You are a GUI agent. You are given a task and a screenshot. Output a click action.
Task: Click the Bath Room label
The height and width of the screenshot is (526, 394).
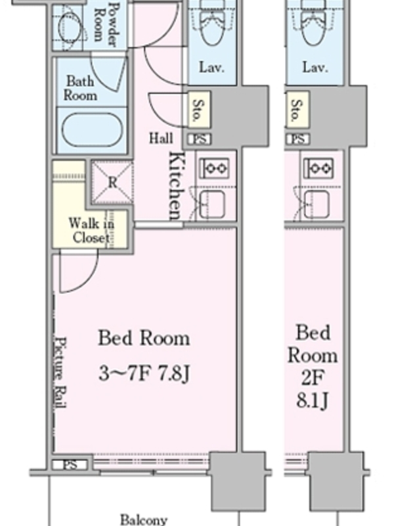tap(80, 88)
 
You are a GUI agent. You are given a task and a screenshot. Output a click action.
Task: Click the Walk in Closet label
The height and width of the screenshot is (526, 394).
tap(91, 231)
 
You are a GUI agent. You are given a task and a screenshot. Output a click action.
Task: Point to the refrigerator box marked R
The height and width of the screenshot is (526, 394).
tap(112, 183)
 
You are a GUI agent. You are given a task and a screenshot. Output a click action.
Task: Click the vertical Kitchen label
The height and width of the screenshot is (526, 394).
tap(177, 185)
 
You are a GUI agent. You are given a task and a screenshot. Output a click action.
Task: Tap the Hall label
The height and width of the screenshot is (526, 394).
tap(161, 138)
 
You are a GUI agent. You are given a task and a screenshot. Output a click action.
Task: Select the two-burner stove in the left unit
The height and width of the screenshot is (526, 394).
tap(215, 168)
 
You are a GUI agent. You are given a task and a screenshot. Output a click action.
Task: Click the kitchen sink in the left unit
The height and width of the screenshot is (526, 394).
tap(212, 204)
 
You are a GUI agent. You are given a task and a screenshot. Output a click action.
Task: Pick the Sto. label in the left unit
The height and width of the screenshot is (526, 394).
tap(199, 110)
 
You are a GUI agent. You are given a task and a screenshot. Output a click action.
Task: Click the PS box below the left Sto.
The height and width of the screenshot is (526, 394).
tap(200, 139)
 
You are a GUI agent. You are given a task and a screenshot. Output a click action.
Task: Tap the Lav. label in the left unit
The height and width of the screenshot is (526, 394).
tap(211, 68)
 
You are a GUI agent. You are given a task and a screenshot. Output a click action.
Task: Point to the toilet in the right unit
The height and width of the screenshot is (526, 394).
tap(315, 24)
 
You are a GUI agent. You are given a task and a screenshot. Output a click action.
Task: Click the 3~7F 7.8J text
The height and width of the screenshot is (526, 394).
tap(144, 373)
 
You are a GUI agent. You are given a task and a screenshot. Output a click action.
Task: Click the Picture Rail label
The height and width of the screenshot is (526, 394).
tap(60, 372)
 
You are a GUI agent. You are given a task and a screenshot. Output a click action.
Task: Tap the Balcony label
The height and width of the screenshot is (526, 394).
tap(143, 519)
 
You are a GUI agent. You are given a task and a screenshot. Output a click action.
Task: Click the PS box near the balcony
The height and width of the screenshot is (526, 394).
tap(70, 465)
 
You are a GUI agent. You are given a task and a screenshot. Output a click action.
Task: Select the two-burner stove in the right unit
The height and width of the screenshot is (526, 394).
tap(318, 168)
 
